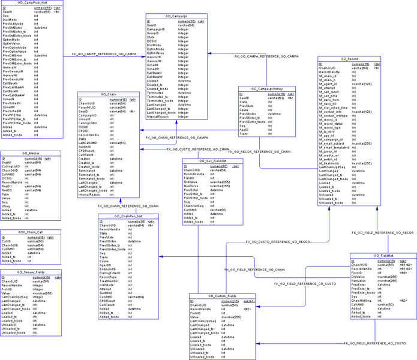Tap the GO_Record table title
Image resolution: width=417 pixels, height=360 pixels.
coord(349,59)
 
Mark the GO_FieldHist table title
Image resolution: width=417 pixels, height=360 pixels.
coord(382,256)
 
